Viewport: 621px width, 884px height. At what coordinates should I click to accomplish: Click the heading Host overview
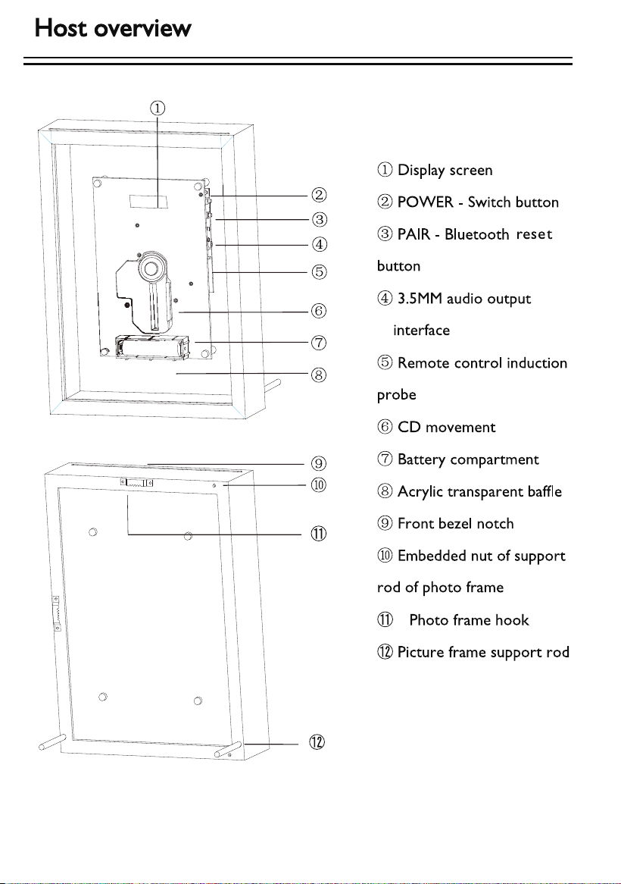coord(113,27)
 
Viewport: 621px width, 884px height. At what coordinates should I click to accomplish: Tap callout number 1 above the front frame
coord(157,108)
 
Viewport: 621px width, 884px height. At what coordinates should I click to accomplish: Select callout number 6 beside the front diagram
coord(319,311)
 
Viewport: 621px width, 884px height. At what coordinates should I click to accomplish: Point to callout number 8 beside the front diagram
coord(319,375)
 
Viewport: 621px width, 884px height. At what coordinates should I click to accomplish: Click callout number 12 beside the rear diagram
coord(317,742)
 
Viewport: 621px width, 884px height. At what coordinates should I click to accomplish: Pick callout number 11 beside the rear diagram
coord(319,533)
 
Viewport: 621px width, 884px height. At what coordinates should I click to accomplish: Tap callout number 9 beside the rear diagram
coord(319,463)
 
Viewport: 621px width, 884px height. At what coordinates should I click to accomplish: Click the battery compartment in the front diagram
coord(153,346)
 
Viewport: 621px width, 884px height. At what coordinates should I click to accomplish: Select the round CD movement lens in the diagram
coord(151,268)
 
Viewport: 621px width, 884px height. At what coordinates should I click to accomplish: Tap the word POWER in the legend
coord(425,202)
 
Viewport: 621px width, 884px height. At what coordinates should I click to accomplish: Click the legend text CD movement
coord(447,427)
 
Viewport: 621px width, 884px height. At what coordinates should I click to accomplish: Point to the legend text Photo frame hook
coord(469,620)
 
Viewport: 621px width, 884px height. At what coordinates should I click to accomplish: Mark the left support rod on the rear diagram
coord(53,741)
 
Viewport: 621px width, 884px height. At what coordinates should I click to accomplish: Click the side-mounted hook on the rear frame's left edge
coord(57,613)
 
